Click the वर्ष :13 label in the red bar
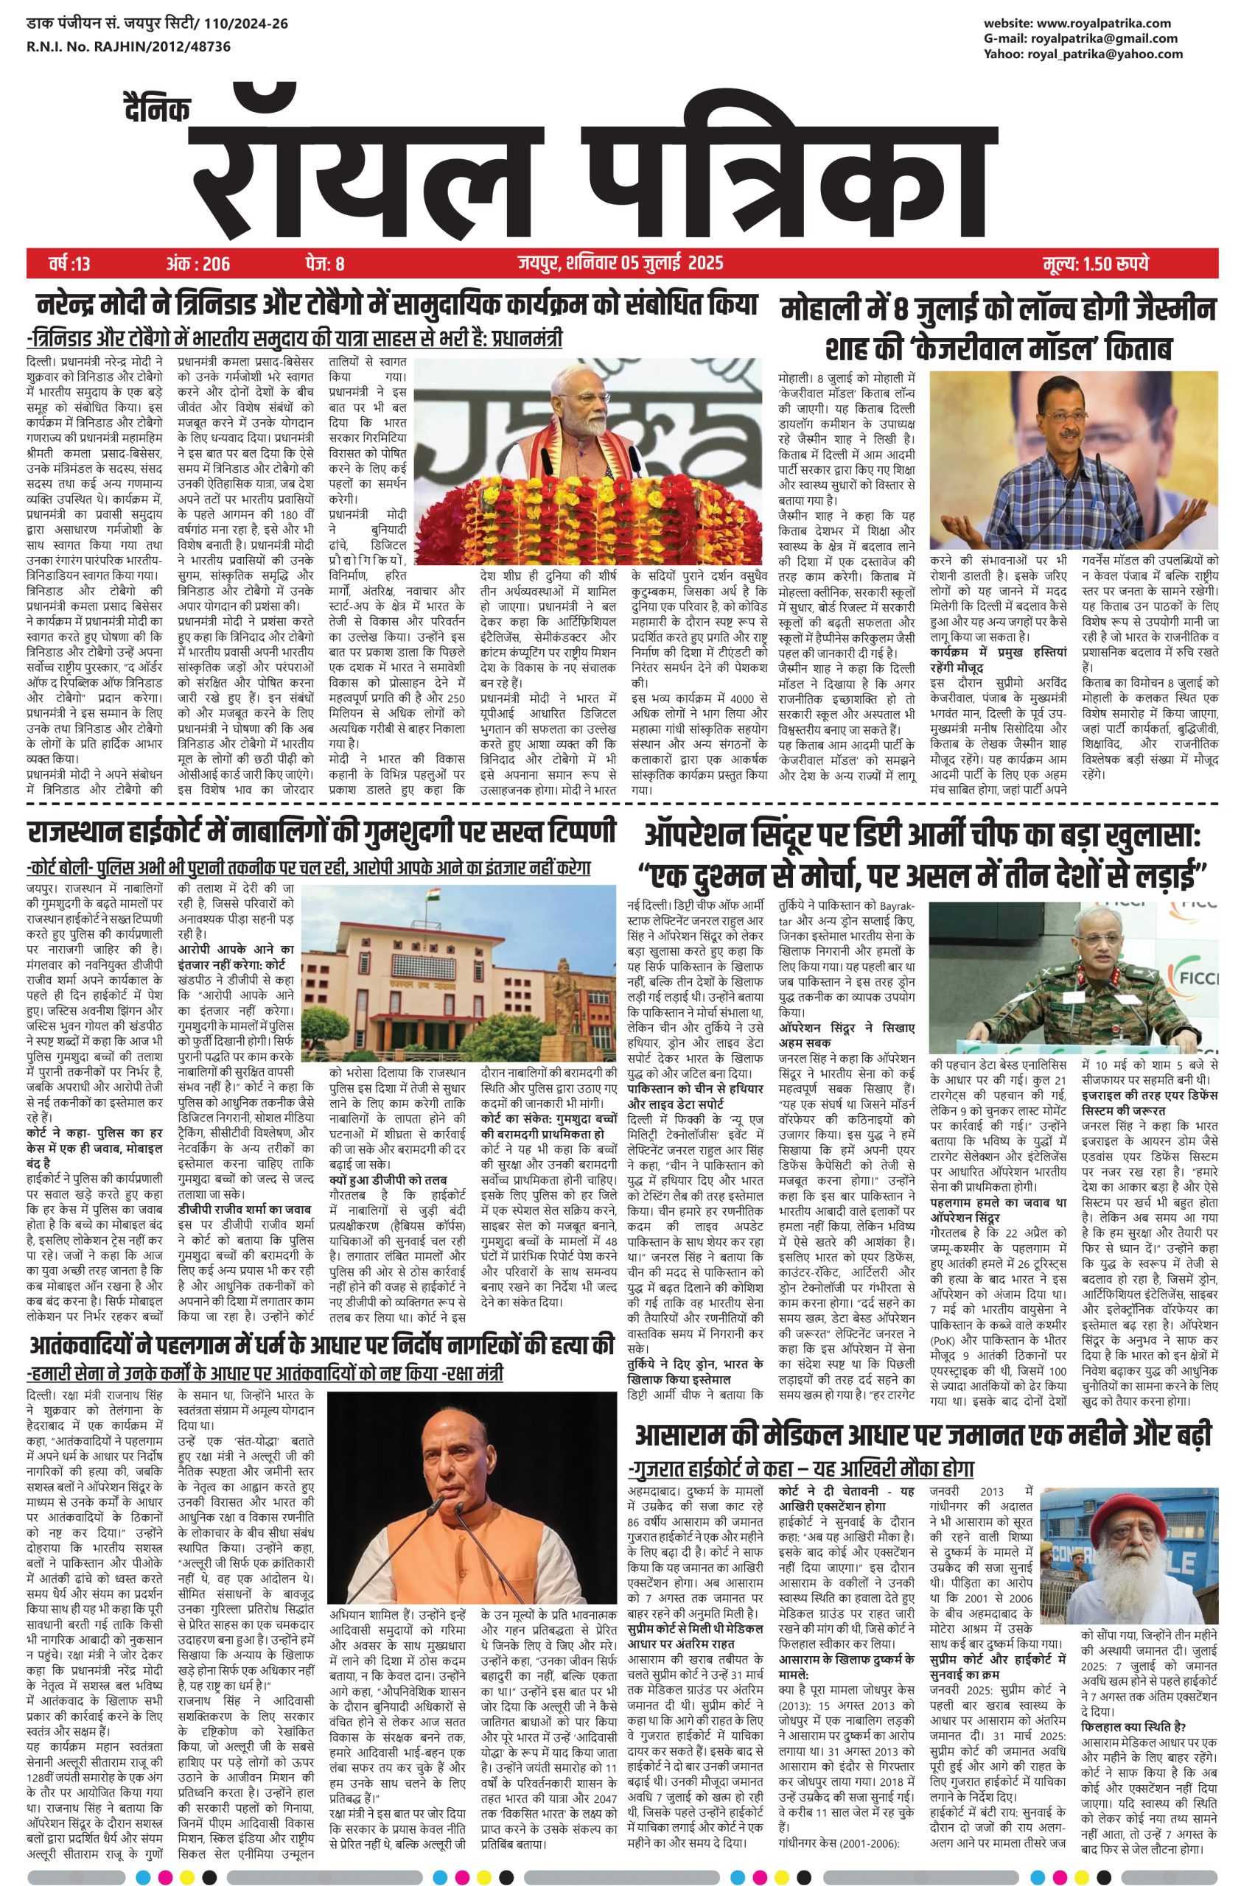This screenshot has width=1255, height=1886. click(x=59, y=262)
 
